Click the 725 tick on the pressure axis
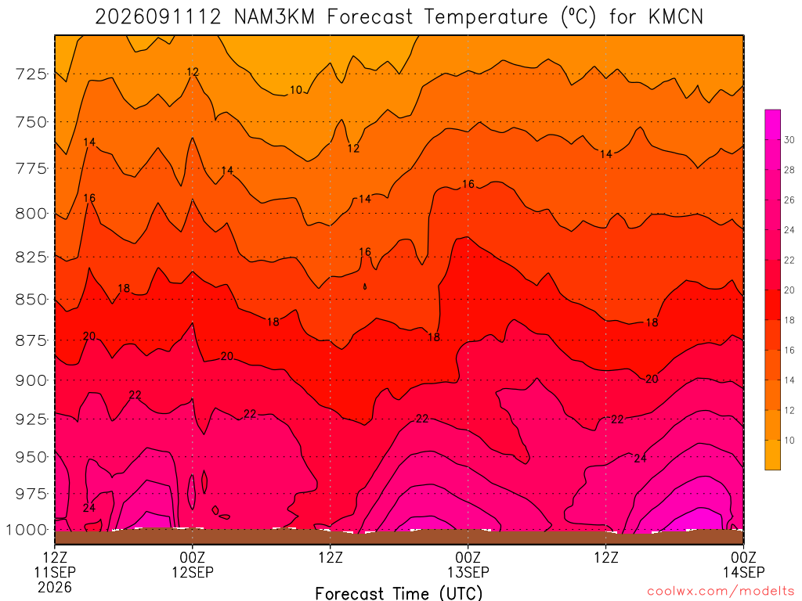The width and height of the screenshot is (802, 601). [31, 74]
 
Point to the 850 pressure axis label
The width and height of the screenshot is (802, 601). [31, 299]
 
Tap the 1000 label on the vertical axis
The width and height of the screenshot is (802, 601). [27, 530]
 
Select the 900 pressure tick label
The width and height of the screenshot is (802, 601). [31, 380]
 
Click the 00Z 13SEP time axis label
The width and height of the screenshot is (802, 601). [468, 564]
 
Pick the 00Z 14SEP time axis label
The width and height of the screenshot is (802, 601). [743, 564]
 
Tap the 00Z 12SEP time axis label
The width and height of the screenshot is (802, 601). [193, 564]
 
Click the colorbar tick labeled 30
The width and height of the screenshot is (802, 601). [789, 139]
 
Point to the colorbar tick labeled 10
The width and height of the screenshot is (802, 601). [789, 440]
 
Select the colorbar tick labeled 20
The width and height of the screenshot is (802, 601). [789, 290]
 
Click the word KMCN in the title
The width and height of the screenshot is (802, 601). [676, 17]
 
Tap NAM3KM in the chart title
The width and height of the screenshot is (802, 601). [274, 17]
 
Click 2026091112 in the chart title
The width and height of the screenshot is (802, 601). [158, 17]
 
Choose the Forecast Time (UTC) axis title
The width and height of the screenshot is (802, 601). [399, 593]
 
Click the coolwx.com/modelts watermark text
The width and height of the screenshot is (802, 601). [721, 592]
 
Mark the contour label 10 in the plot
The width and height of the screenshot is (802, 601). [296, 90]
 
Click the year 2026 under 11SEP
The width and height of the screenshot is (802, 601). [55, 587]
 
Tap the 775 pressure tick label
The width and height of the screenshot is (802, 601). [31, 169]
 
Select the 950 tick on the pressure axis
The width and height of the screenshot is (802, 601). [31, 457]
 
